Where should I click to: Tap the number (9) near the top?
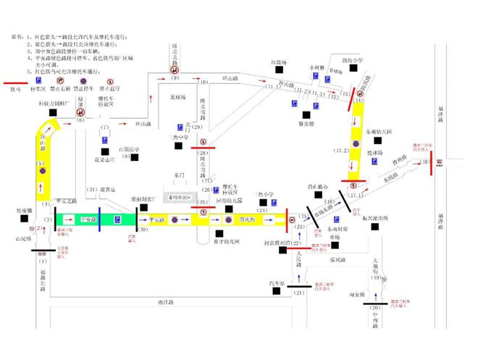(175, 78)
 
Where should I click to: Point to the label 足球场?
(178, 96)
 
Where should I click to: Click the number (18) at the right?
(423, 163)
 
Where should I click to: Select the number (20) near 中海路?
(375, 308)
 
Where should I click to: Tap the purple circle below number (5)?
(42, 172)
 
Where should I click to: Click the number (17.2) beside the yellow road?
(341, 150)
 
